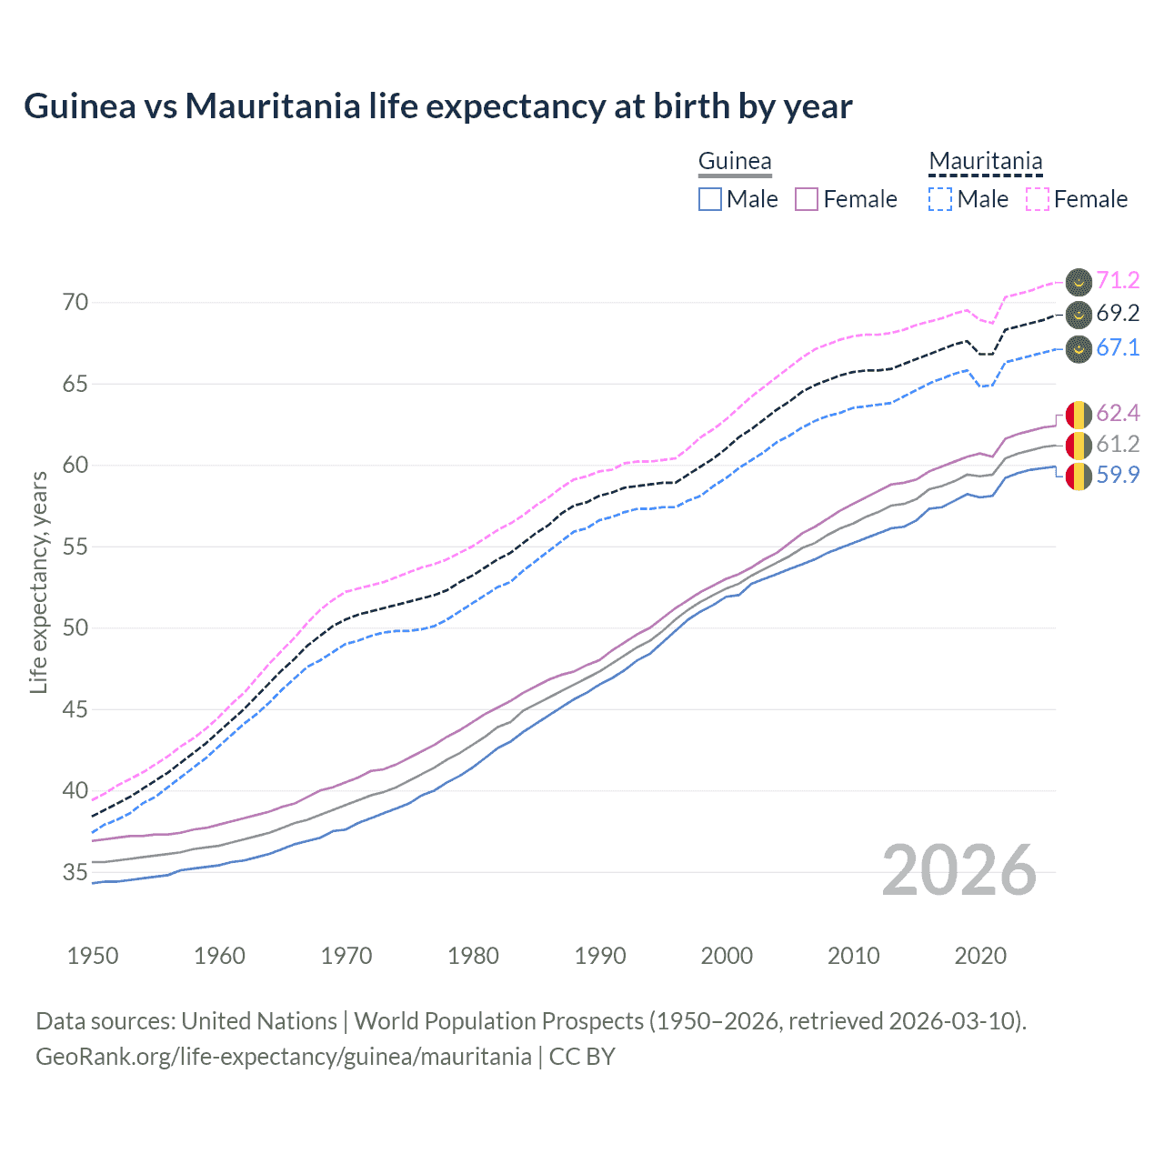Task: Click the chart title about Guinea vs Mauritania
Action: tap(437, 106)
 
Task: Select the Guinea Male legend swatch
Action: tap(710, 199)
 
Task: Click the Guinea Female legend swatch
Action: tap(807, 199)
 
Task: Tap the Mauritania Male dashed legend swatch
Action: tap(940, 199)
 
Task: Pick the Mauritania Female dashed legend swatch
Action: tap(1038, 199)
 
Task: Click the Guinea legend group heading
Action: tap(735, 162)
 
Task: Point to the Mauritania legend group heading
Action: tap(985, 162)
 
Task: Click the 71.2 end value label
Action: tap(1118, 280)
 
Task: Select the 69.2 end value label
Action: tap(1118, 314)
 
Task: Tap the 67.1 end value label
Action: tap(1118, 348)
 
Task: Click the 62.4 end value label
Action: tap(1118, 414)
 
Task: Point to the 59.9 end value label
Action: tap(1118, 475)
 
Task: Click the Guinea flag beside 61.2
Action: tap(1079, 445)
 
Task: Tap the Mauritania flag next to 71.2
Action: tap(1079, 282)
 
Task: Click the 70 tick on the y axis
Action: tap(75, 303)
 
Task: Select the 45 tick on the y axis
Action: tap(75, 709)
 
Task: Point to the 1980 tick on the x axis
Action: tap(473, 956)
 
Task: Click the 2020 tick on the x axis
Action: tap(980, 956)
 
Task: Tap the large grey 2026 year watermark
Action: tap(959, 870)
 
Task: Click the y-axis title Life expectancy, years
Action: tap(39, 582)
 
